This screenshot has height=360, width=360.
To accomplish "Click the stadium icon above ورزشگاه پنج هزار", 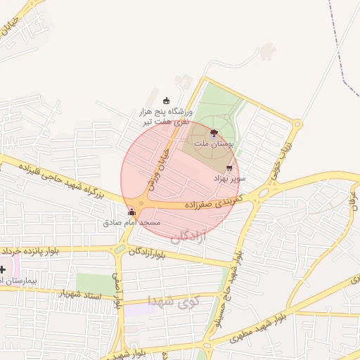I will tap(166, 101).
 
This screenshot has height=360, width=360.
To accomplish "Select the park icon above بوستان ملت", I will tap(214, 132).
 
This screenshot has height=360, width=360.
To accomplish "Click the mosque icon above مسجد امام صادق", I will tap(131, 212).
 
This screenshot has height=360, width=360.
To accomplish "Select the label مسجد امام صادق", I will tap(131, 222).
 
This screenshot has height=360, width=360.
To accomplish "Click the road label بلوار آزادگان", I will tap(150, 252).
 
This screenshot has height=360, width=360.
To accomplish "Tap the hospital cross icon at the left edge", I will tap(3, 269).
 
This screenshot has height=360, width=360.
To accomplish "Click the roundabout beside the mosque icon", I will tap(141, 204).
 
